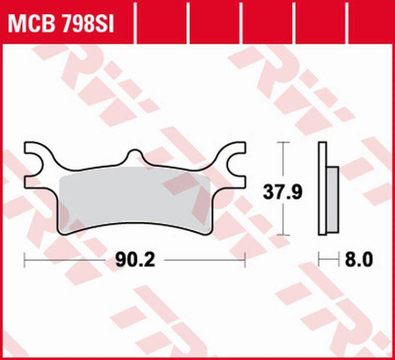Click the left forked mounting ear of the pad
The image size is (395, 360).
click(x=40, y=158)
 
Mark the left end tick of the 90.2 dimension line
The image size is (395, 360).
click(x=25, y=261)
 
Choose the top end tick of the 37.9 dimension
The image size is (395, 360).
click(x=284, y=141)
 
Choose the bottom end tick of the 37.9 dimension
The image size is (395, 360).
click(x=284, y=235)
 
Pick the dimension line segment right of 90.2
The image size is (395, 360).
click(x=206, y=261)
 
